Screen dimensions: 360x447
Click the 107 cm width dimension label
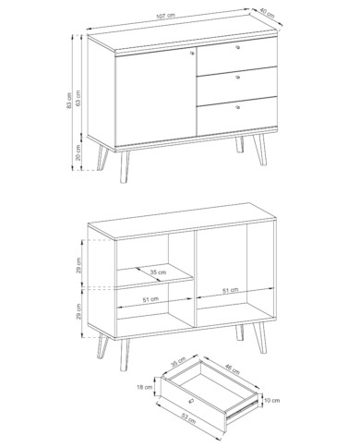(x=166, y=16)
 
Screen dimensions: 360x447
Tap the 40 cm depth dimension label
(x=267, y=12)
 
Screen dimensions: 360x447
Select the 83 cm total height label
(x=68, y=101)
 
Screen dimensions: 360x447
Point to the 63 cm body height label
(x=78, y=99)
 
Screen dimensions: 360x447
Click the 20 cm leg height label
(x=78, y=152)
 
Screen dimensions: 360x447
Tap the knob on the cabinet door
(x=192, y=54)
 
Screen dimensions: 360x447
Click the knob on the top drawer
(x=237, y=47)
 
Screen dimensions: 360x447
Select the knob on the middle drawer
(x=237, y=77)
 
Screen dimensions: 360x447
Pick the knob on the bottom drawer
(x=237, y=107)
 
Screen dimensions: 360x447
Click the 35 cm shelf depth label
(x=158, y=272)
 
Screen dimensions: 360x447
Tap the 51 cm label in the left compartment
(x=150, y=299)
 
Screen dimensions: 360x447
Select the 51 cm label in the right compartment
(x=231, y=290)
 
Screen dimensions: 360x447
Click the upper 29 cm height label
(x=79, y=265)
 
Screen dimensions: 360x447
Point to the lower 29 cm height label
(x=79, y=311)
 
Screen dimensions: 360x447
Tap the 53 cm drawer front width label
(x=188, y=418)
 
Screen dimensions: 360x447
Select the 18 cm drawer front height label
(x=145, y=387)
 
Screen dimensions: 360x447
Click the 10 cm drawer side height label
(x=272, y=401)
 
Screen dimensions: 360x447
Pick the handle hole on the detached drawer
(x=191, y=401)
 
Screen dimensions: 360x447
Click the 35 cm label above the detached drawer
(x=178, y=363)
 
